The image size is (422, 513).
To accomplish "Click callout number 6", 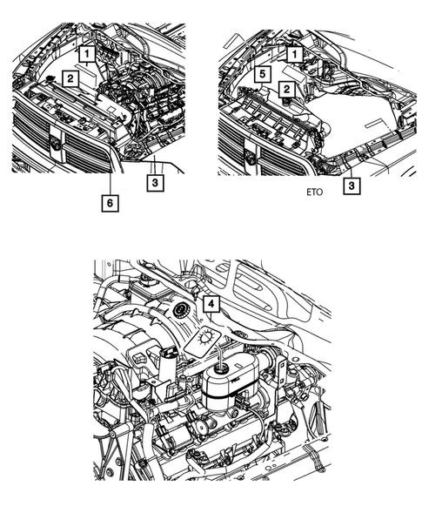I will point(110,202).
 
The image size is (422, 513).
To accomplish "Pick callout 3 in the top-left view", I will point(153,183).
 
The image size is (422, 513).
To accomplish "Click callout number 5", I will point(259,76).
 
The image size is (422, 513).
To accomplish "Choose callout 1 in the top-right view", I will point(295,54).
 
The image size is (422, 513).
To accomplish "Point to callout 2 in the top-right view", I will point(285,89).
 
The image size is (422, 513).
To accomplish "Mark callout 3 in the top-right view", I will point(350,185).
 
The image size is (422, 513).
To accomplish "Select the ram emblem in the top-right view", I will point(250,156).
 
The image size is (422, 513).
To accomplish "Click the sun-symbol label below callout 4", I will point(207,335).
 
